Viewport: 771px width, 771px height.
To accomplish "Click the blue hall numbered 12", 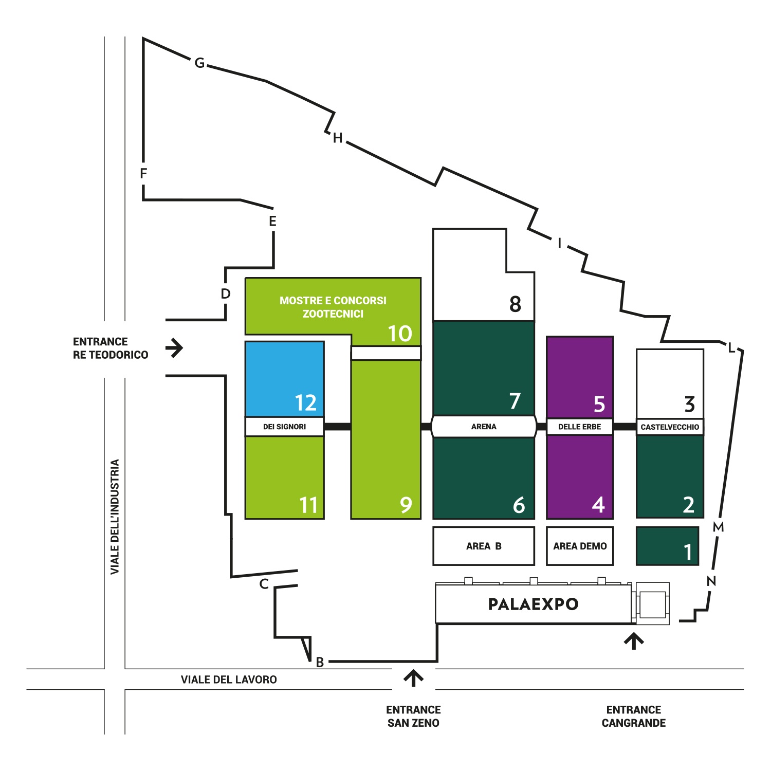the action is click(284, 379).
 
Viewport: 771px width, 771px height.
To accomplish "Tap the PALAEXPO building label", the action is click(533, 604).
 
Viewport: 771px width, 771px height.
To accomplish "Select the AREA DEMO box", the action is click(580, 546).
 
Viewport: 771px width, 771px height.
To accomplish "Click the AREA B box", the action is click(484, 546).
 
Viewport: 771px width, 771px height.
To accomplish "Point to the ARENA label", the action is click(484, 427).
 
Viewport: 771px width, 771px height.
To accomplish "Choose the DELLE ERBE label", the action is click(580, 427).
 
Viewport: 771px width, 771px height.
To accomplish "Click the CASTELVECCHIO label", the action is click(670, 427).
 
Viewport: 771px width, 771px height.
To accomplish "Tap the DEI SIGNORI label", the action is click(284, 427).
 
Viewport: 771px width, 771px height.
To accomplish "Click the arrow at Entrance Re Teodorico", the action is click(174, 348).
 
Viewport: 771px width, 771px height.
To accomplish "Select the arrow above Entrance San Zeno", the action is click(413, 678).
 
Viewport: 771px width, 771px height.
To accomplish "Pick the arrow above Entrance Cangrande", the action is click(634, 641).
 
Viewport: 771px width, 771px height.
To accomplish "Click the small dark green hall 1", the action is click(667, 546).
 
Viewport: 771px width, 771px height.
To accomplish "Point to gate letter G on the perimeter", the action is click(199, 63).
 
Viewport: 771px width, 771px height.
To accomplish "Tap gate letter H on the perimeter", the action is click(338, 138).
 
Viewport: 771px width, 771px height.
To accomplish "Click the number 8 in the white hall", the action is click(515, 304).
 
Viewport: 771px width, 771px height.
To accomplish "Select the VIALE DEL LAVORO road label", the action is click(229, 680).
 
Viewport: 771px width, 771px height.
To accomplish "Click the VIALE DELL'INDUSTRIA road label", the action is click(115, 517).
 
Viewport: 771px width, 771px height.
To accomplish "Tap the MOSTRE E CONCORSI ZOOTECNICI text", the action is click(333, 307).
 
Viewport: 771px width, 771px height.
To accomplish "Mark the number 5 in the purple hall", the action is click(599, 404).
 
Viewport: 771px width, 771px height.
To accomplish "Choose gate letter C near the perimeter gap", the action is click(264, 584).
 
